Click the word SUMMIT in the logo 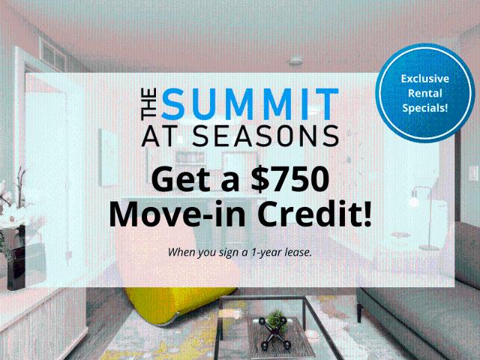click(x=250, y=104)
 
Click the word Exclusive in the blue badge click(x=424, y=78)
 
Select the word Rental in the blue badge click(x=424, y=93)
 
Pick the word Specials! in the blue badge click(x=424, y=108)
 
